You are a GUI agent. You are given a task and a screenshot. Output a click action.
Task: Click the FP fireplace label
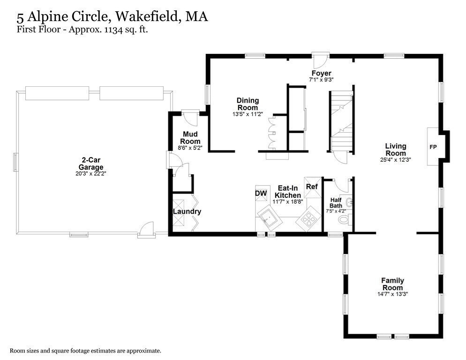433,147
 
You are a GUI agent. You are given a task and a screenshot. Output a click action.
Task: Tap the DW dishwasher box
261,193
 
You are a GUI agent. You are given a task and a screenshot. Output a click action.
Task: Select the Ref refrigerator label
311,187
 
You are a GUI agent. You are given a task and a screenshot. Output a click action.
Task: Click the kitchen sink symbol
269,217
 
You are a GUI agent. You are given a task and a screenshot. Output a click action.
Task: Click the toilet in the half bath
345,219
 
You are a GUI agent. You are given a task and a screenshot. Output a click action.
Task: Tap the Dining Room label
248,104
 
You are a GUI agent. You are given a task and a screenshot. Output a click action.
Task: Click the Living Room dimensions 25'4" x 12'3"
395,160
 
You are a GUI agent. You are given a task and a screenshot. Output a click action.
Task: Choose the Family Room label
392,284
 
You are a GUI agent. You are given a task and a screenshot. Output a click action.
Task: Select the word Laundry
187,211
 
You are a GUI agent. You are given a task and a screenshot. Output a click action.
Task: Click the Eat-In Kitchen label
287,192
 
